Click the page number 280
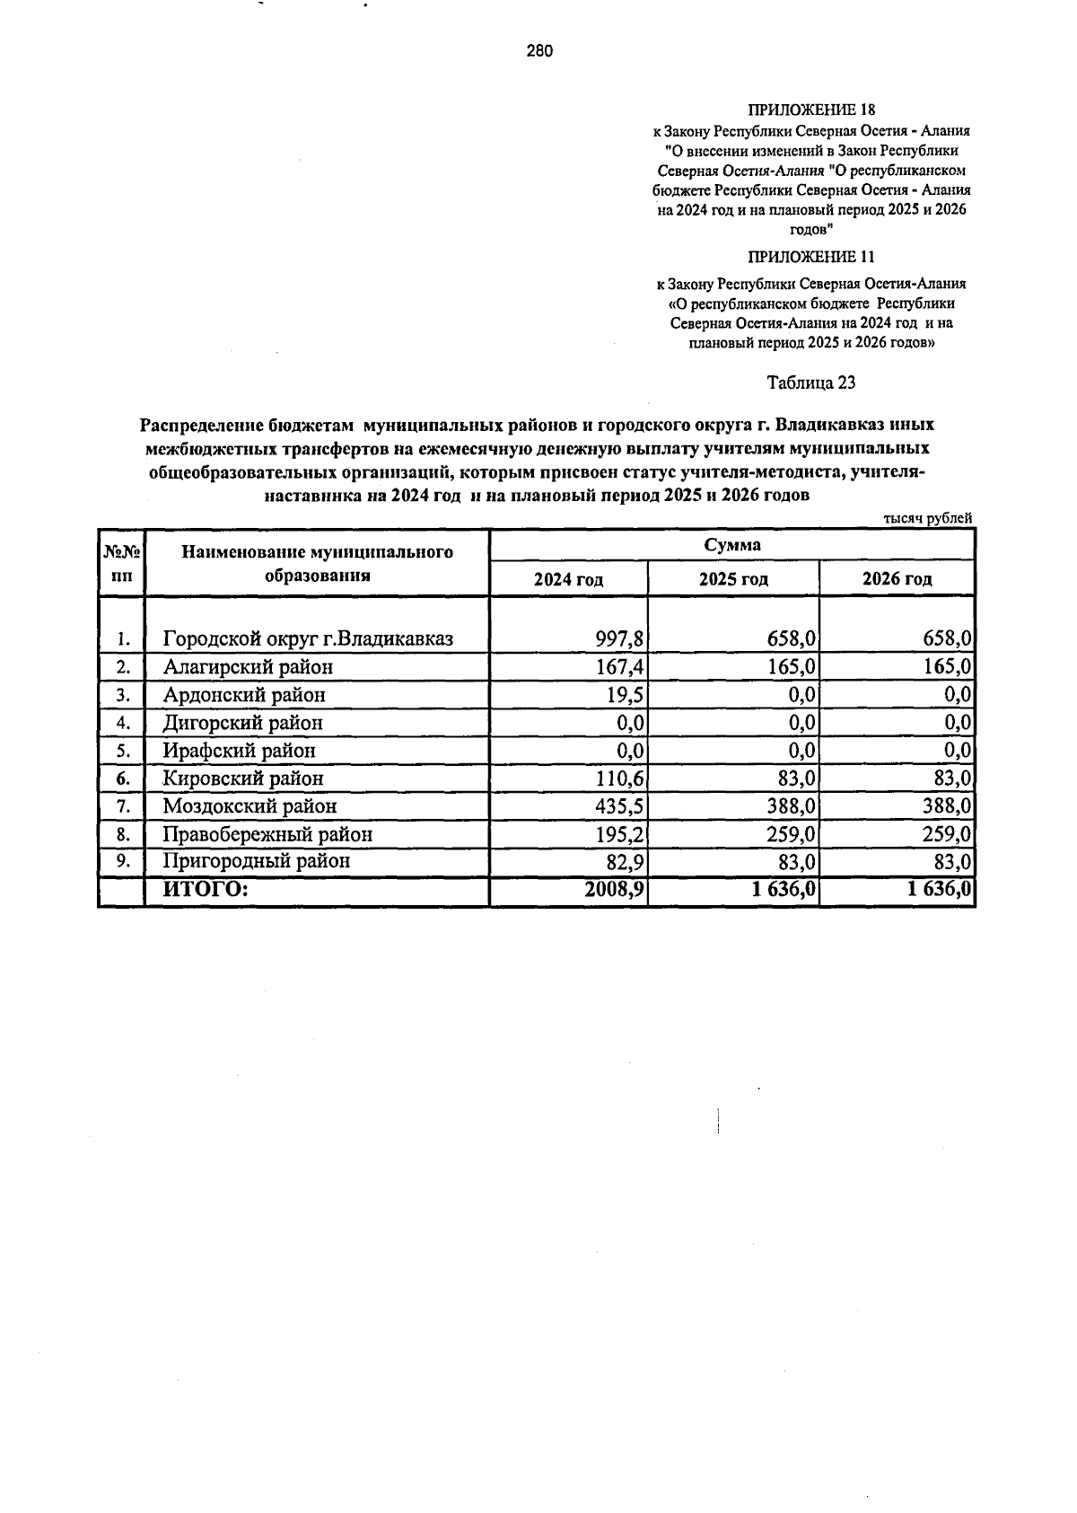click(539, 51)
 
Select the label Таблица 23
click(810, 383)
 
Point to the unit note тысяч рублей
click(928, 518)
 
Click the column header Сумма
click(731, 545)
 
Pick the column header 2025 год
click(733, 579)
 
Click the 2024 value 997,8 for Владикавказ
click(620, 639)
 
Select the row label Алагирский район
click(248, 667)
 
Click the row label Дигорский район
click(242, 723)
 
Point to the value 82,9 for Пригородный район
click(625, 862)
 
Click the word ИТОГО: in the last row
click(204, 890)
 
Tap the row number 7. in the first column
click(123, 806)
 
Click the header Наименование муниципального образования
click(317, 564)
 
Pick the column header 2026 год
click(897, 579)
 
